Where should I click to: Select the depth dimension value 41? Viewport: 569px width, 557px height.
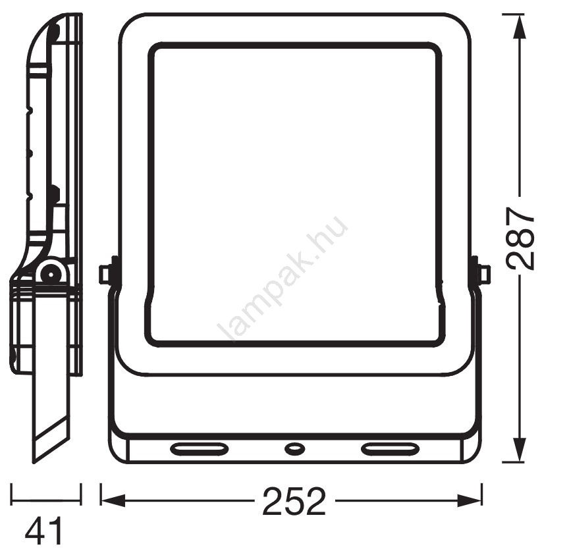coord(44,531)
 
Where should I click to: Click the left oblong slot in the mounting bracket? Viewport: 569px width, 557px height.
coord(200,448)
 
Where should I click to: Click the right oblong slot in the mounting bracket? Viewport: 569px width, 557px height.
coord(390,448)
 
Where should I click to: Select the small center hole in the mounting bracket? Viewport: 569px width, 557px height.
coord(294,448)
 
